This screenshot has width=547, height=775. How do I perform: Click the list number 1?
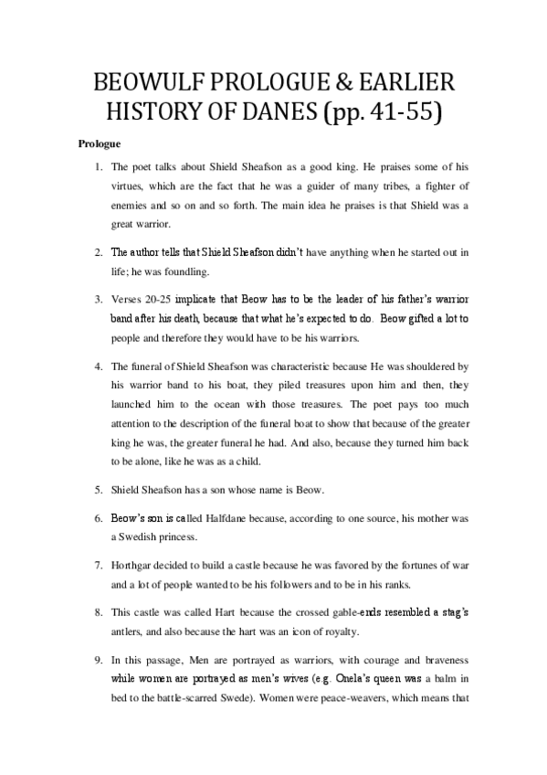tap(99, 168)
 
